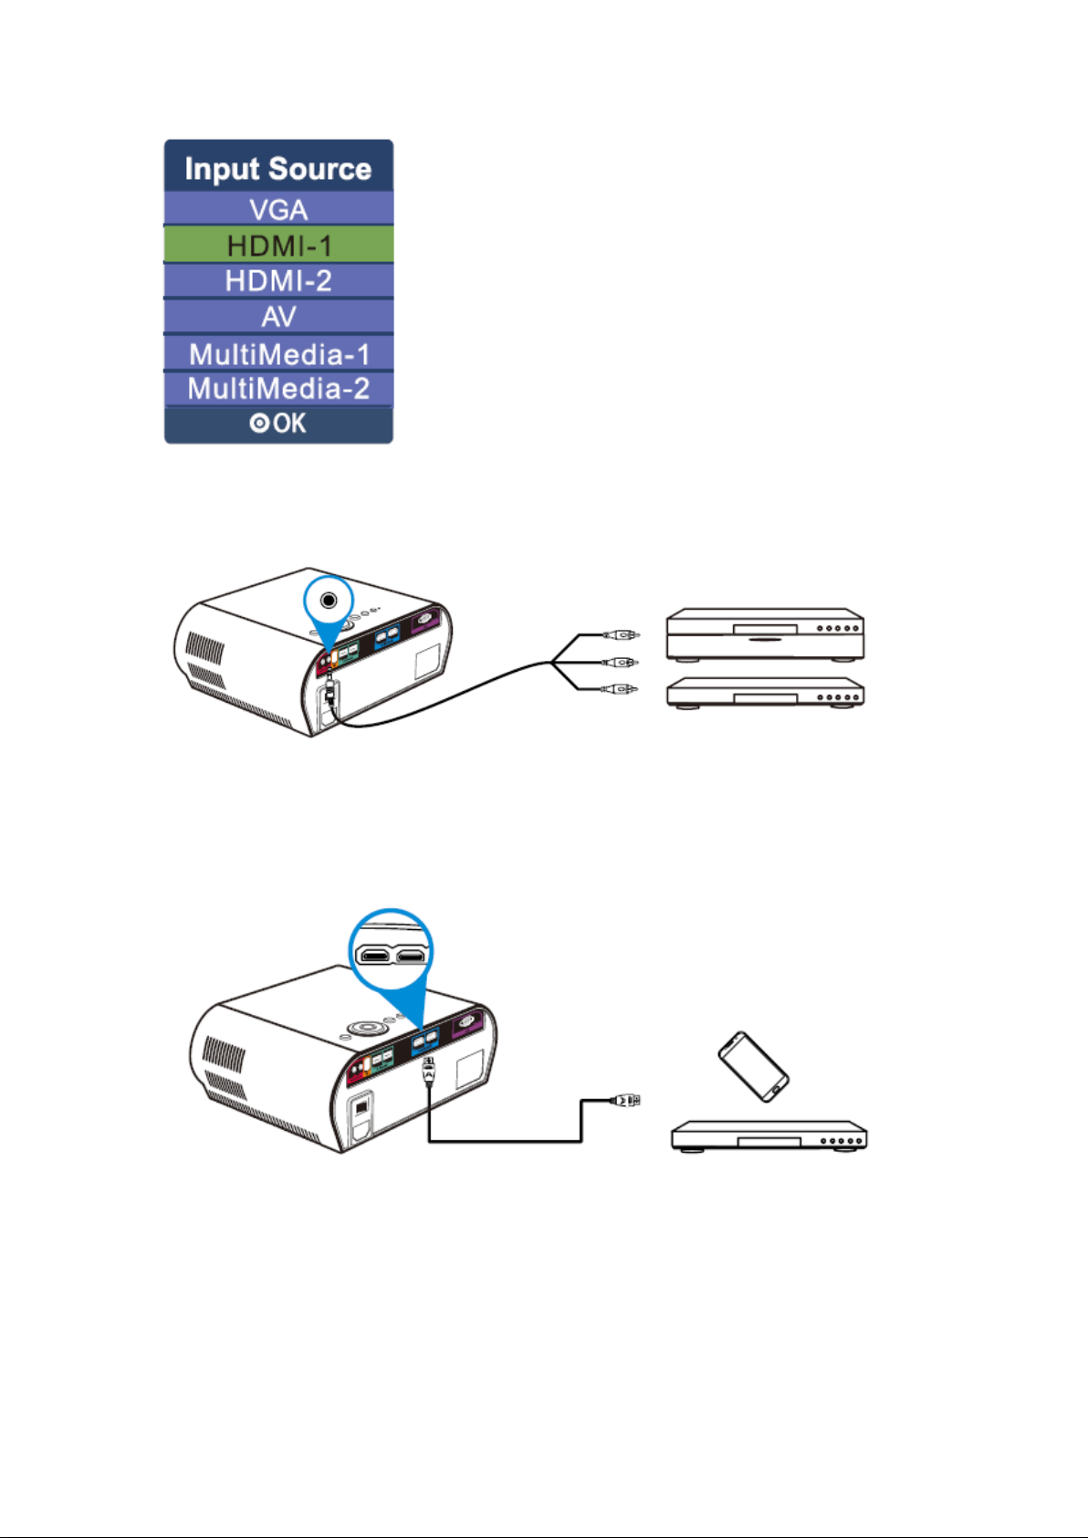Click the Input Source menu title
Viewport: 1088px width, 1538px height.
coord(278,169)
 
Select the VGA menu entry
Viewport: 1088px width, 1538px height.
coord(278,209)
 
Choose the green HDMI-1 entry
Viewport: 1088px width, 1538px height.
coord(278,246)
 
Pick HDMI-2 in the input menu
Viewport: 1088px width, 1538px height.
coord(278,281)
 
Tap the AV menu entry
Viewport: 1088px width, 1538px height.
coord(278,317)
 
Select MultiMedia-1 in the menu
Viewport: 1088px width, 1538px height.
coord(278,353)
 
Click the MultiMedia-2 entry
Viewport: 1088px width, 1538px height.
coord(278,389)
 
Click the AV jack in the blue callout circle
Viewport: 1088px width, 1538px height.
coord(329,601)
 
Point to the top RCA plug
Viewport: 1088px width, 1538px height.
coord(621,634)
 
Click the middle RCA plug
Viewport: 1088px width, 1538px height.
coord(621,662)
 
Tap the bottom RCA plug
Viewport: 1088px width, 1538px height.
coord(621,688)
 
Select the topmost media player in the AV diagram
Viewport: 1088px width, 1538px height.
coord(765,634)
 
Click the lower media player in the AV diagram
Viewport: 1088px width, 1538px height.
coord(765,693)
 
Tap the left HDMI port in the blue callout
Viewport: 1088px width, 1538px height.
coord(375,955)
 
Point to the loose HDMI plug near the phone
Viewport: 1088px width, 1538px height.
coord(624,1101)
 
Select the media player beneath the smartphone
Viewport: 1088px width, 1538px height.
coord(769,1136)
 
